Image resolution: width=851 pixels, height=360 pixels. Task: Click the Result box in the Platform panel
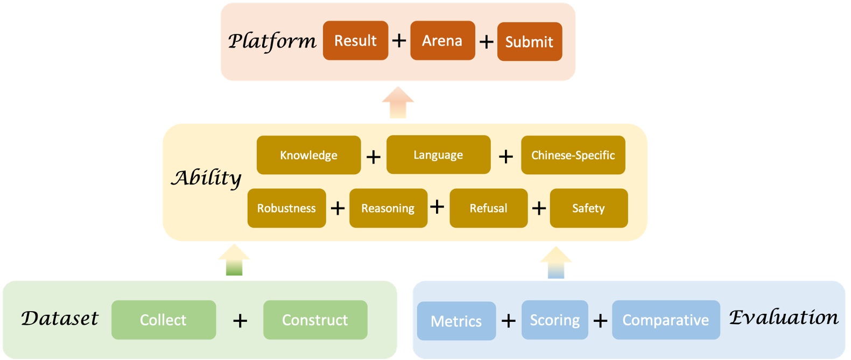click(x=355, y=41)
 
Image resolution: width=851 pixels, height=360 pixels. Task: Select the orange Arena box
click(x=442, y=41)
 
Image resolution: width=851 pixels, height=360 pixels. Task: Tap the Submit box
click(x=529, y=42)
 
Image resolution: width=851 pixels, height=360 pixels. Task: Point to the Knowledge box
click(x=308, y=155)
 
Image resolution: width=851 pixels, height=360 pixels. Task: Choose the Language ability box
click(x=438, y=155)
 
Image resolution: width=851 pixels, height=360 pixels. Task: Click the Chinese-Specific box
click(x=573, y=155)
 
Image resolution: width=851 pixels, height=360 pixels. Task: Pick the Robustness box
click(x=286, y=208)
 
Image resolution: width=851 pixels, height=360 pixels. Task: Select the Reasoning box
click(x=388, y=208)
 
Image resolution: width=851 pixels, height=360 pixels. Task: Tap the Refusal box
click(x=488, y=208)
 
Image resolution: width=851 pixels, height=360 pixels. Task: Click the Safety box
click(x=588, y=208)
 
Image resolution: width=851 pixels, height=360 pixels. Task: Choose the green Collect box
click(x=164, y=320)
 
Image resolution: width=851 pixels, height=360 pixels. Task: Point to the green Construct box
click(x=315, y=320)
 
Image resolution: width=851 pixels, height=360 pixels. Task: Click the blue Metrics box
click(x=456, y=321)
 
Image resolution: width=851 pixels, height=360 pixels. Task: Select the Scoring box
click(x=554, y=320)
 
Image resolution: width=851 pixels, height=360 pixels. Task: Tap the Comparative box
click(x=665, y=320)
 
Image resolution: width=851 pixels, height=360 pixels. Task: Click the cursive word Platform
click(x=272, y=41)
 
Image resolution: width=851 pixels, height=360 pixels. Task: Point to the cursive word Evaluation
click(x=784, y=317)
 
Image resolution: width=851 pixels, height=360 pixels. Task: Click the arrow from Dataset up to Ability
click(x=234, y=260)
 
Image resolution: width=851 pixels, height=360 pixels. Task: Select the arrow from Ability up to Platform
click(x=398, y=102)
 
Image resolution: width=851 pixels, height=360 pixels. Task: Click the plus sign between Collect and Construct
click(x=240, y=321)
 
